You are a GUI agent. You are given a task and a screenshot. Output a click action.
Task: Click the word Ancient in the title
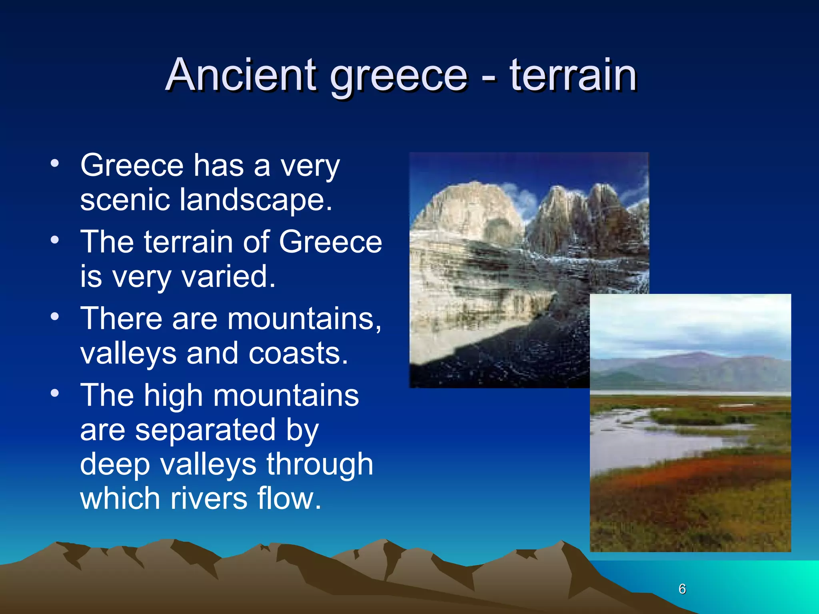pyautogui.click(x=241, y=75)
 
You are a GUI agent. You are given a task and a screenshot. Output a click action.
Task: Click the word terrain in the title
pyautogui.click(x=573, y=75)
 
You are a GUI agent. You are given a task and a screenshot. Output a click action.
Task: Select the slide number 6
pyautogui.click(x=682, y=589)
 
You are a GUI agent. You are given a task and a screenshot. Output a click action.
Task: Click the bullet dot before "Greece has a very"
pyautogui.click(x=55, y=163)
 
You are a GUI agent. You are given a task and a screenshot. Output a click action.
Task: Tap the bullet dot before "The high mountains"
pyautogui.click(x=55, y=393)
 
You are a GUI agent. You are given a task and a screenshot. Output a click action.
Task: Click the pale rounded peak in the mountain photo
pyautogui.click(x=472, y=208)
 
